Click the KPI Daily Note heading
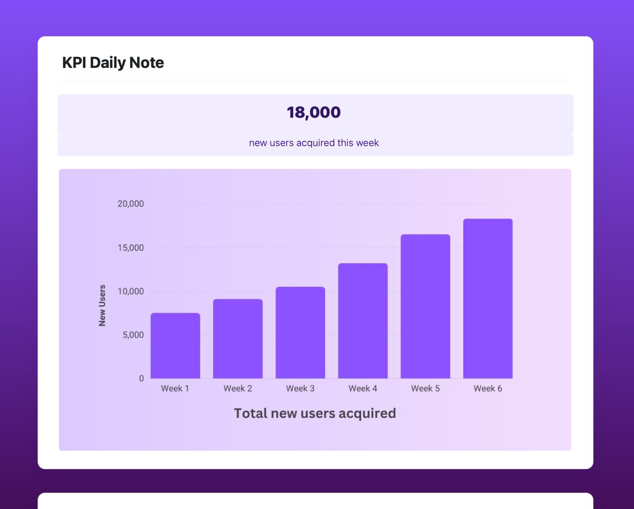tap(113, 63)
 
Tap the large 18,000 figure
tap(314, 113)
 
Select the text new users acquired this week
tap(314, 143)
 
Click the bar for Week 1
tap(175, 346)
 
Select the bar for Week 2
tap(238, 339)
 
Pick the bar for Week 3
tap(300, 333)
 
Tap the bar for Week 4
tap(363, 321)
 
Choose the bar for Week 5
tap(425, 307)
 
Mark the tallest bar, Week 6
tap(488, 299)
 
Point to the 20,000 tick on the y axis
tap(131, 204)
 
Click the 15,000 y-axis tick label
tap(131, 248)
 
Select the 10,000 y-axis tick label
tap(131, 291)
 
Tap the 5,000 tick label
tap(133, 335)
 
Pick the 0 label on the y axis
tap(141, 379)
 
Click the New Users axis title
tap(103, 305)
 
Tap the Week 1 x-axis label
tap(175, 389)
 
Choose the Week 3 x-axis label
tap(300, 389)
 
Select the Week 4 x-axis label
tap(363, 389)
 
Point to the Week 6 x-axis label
tap(488, 389)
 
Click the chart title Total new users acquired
tap(315, 413)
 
